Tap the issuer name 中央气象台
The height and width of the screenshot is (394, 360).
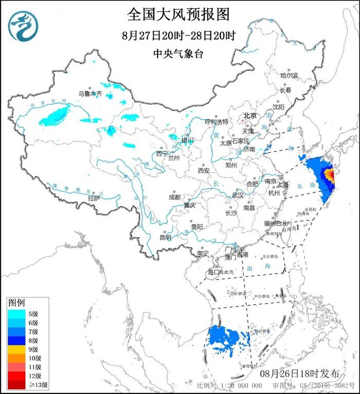click(178, 53)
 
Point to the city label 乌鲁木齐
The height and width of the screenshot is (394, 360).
click(90, 94)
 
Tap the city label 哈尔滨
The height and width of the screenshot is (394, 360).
click(289, 75)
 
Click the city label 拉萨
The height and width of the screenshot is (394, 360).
click(93, 197)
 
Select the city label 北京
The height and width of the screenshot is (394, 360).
click(250, 116)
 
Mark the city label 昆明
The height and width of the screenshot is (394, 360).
click(165, 237)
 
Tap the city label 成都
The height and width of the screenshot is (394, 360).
click(174, 197)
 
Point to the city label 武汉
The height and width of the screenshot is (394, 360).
click(238, 195)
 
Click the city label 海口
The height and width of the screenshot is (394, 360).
click(213, 272)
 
